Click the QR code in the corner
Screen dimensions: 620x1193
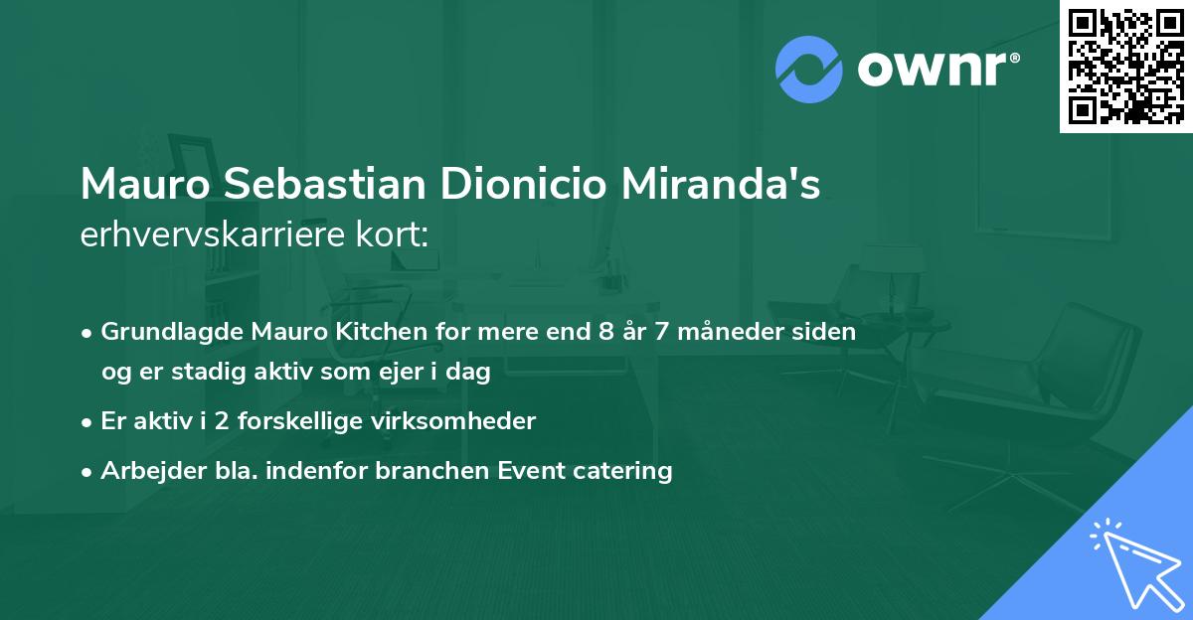pos(1126,66)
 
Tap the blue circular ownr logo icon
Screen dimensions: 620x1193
pos(808,69)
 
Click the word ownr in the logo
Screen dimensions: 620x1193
pos(936,69)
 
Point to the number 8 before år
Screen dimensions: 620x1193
pos(606,332)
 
